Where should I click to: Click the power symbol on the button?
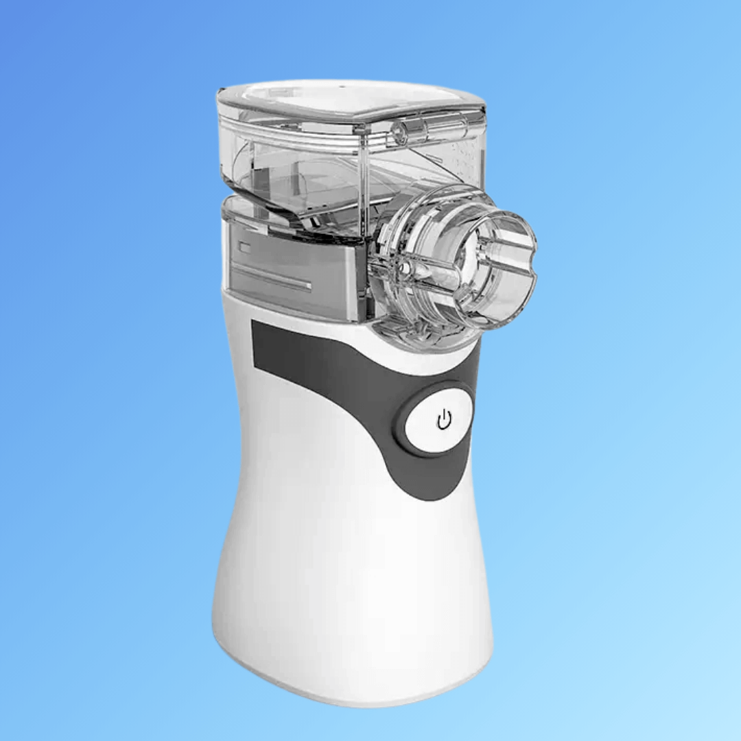(x=445, y=420)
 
